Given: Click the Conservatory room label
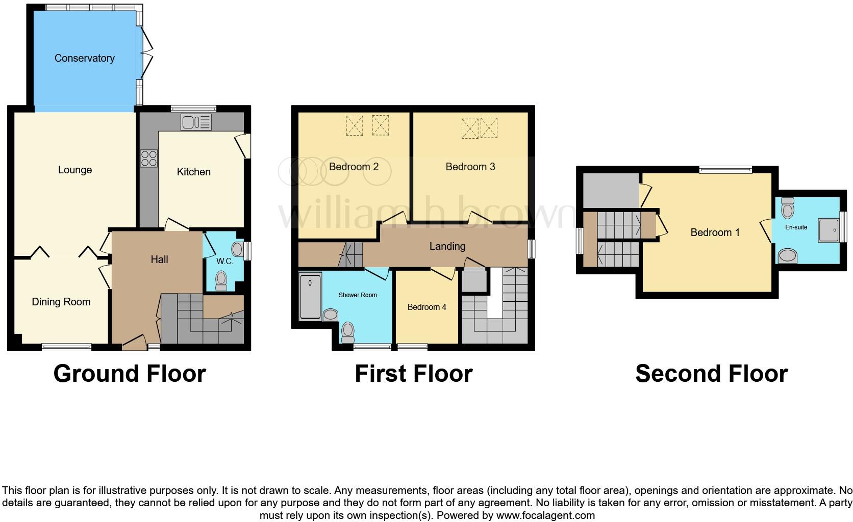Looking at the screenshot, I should tap(84, 58).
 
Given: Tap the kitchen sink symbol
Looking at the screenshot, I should tap(196, 122).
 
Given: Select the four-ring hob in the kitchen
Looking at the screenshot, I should tap(148, 158).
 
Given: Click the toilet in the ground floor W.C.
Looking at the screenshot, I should tap(221, 280).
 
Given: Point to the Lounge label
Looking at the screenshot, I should tap(75, 170).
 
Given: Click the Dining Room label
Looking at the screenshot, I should tap(61, 302).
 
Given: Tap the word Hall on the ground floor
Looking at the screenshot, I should tap(159, 259).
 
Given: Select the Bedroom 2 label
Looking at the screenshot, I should tap(354, 167).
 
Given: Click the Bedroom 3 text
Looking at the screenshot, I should tap(470, 167).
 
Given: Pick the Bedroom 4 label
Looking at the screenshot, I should tap(426, 307).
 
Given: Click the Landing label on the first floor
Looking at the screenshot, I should tap(447, 246).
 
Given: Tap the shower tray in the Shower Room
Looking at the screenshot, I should tap(310, 297).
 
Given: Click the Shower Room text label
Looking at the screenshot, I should tap(358, 295).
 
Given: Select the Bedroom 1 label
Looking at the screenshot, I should tap(714, 232).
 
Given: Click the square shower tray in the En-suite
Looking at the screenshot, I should tap(829, 230).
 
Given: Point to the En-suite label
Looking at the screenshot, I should tap(796, 227).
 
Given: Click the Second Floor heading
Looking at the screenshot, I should tap(711, 374).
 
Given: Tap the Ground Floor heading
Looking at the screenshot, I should tap(130, 374).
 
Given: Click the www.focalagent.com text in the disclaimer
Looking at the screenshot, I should tap(545, 515).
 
